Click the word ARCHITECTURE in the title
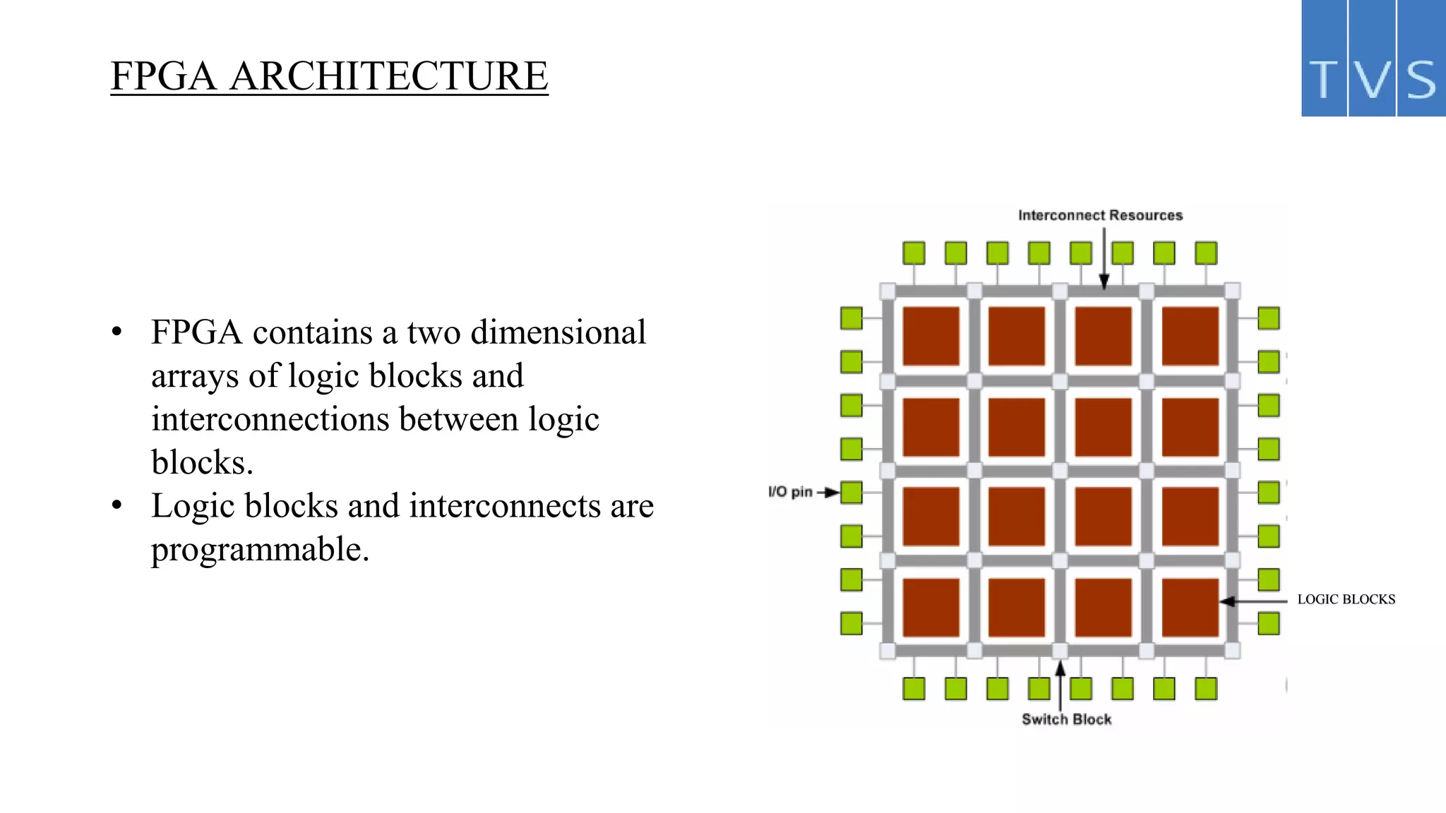tap(388, 76)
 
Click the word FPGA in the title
tap(163, 76)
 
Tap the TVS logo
tap(1373, 59)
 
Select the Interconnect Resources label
tap(1100, 215)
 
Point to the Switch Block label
tap(1066, 719)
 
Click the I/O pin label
tap(790, 492)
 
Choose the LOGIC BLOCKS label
tap(1346, 599)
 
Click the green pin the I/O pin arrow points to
tap(852, 492)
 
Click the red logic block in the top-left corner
tap(931, 336)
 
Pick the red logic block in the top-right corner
tap(1190, 336)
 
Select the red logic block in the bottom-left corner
tap(931, 607)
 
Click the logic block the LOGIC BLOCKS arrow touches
tap(1190, 607)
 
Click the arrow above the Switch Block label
tap(1060, 685)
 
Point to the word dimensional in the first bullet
tap(558, 332)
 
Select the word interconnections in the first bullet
tap(270, 419)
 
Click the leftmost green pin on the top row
tap(914, 253)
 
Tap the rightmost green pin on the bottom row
tap(1206, 688)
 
